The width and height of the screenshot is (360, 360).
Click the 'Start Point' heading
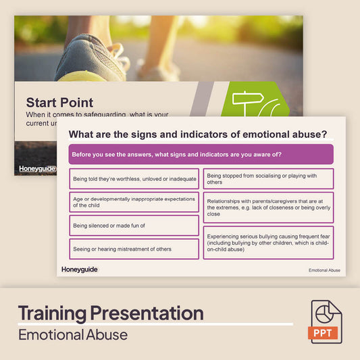[x=59, y=103]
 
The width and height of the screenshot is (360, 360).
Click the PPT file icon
[x=326, y=322]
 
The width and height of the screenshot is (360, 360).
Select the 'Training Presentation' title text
[x=110, y=313]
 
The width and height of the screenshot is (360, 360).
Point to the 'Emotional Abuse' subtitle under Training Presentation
[x=72, y=334]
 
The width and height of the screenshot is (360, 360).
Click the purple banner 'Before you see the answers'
[x=201, y=154]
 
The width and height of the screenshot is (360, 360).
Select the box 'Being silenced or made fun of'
[x=134, y=226]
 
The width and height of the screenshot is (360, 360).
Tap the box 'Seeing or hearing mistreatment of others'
[x=134, y=249]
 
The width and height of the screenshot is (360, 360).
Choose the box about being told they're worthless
[x=134, y=179]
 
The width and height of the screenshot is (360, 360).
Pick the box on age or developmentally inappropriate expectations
[x=134, y=202]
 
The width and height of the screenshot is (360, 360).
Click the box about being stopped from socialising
[x=268, y=179]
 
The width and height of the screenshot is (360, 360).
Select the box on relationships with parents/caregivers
[x=268, y=207]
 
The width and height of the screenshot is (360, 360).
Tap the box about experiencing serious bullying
[x=268, y=242]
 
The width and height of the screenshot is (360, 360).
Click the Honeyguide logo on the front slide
[x=79, y=269]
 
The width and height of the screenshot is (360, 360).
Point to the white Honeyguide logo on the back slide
[x=38, y=169]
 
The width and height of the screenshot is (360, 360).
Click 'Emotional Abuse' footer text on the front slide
[x=324, y=270]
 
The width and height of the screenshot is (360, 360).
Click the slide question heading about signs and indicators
[x=198, y=134]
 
